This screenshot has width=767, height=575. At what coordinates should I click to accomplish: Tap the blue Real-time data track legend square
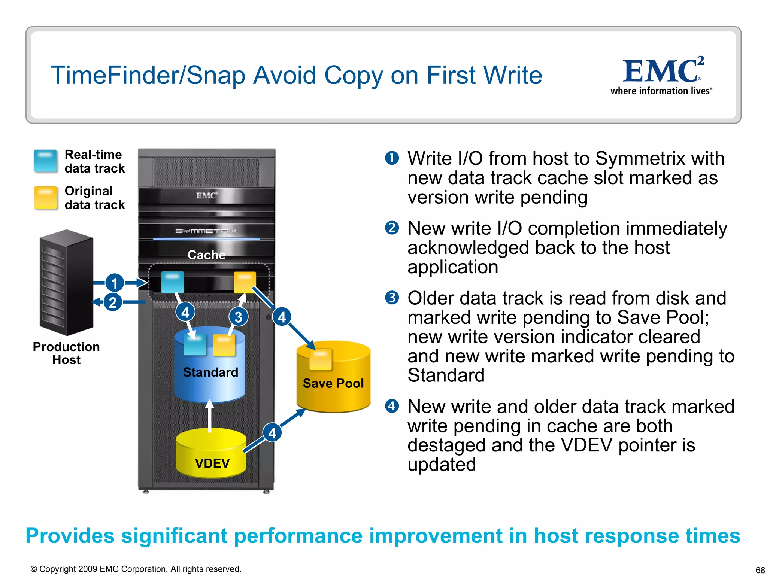point(45,161)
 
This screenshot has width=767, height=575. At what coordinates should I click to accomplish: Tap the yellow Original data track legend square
point(45,197)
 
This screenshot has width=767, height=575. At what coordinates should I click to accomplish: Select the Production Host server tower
point(66,283)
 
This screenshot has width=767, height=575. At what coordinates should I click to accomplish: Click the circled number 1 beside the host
point(115,283)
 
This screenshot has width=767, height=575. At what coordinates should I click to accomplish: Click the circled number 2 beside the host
point(113,302)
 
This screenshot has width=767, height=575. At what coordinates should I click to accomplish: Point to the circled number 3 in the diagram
point(239,317)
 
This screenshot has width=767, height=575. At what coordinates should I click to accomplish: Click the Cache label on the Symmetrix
point(206,255)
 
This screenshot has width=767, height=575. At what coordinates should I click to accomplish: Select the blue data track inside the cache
point(172,282)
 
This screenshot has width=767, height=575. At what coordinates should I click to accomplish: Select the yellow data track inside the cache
point(245,282)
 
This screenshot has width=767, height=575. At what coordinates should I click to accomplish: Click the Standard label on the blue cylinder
point(210,372)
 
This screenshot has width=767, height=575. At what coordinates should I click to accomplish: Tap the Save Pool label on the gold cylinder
point(333,383)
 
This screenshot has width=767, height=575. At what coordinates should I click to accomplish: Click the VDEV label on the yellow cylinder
point(212,463)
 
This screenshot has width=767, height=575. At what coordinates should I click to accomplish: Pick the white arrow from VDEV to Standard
point(210,416)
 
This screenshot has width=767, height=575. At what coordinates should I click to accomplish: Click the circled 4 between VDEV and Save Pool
point(272,433)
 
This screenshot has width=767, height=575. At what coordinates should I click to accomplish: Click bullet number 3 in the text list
point(392,298)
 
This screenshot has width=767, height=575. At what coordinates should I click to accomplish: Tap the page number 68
point(760,570)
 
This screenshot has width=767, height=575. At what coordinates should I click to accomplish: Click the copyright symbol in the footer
point(34,569)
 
